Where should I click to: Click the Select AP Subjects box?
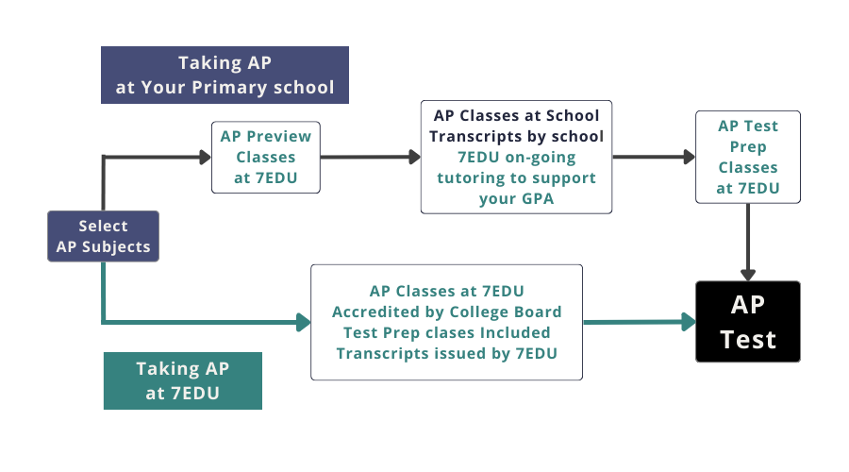[103, 237]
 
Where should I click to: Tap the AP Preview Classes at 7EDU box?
[265, 157]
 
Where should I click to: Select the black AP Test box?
[748, 321]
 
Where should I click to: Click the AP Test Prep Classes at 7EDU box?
[748, 157]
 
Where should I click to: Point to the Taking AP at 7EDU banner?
[182, 380]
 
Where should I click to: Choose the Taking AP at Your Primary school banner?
[225, 76]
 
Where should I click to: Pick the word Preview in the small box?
[278, 136]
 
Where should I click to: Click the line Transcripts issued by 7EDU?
[446, 353]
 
